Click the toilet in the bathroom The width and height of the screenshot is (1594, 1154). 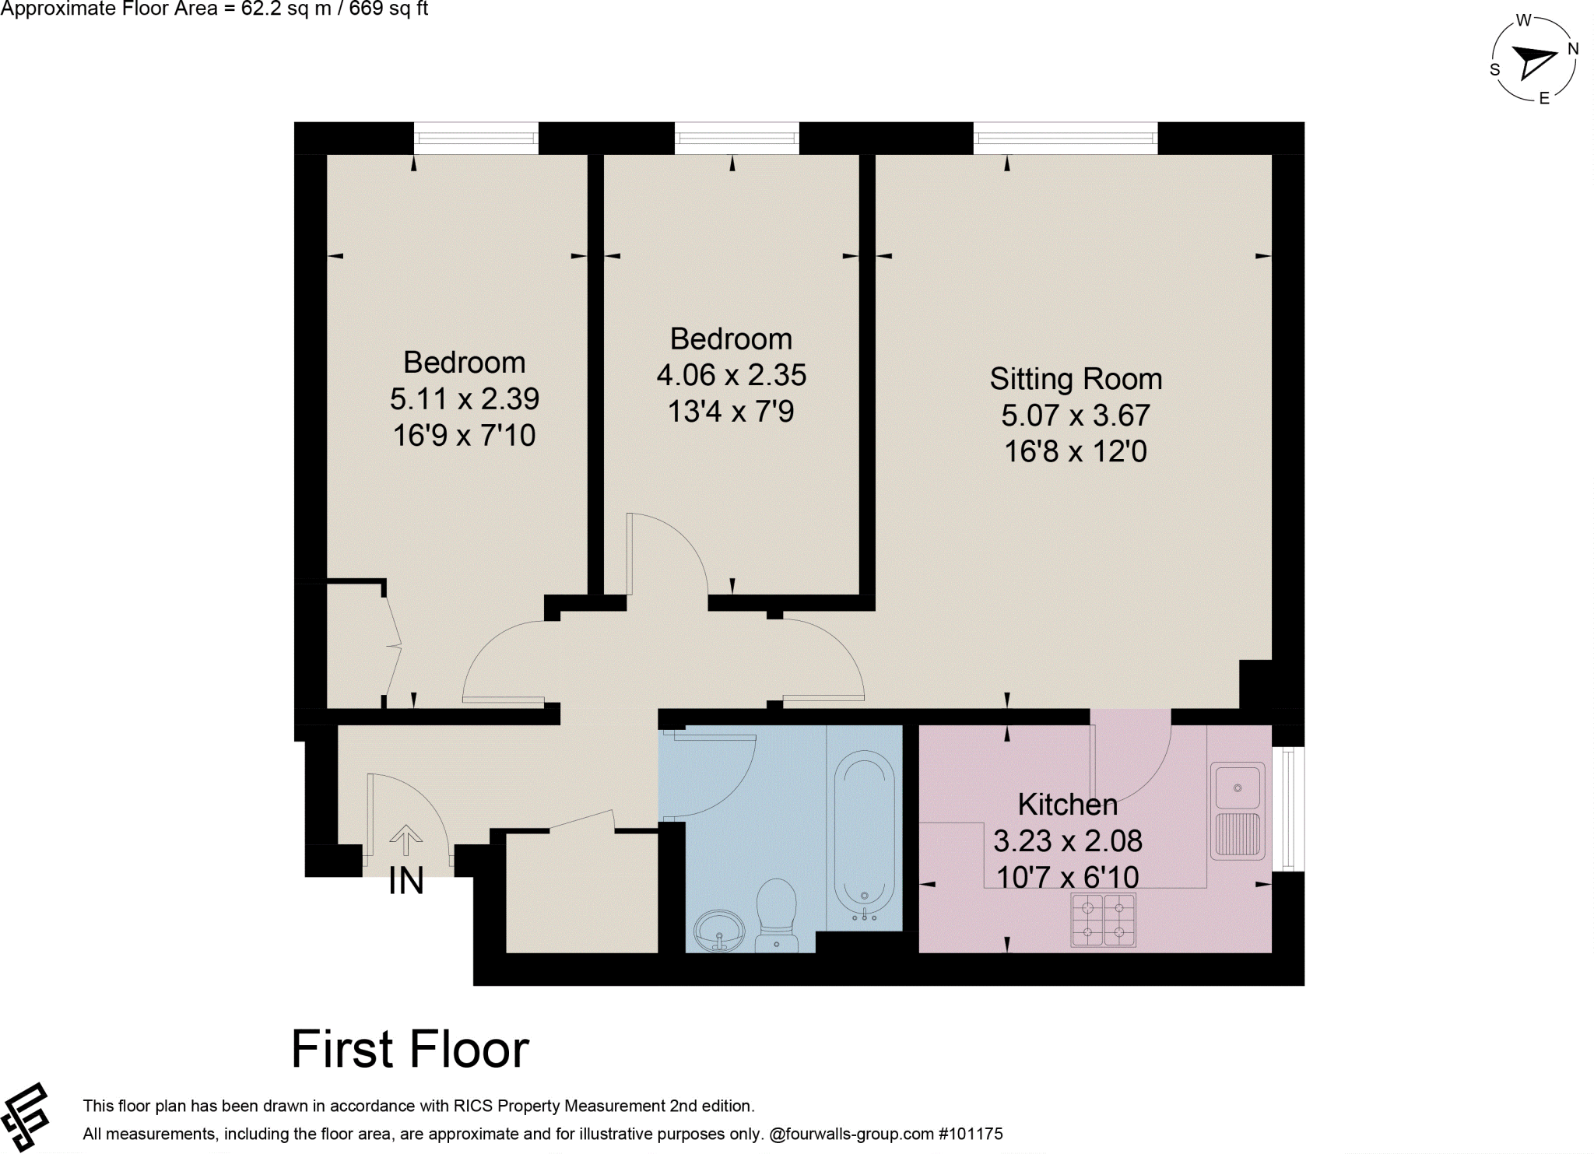coord(777,915)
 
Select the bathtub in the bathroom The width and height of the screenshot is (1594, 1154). coord(864,839)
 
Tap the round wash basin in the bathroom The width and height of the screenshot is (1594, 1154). coord(719,931)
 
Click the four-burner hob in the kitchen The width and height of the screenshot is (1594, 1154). coord(1103,920)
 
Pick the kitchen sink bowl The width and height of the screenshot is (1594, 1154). coord(1237,787)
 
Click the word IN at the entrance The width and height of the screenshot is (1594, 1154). coord(406,882)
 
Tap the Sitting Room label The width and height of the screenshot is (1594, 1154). coord(1076,379)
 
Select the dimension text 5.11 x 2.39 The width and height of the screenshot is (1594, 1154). coord(464,399)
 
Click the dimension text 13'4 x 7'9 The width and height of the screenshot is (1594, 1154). coord(730,412)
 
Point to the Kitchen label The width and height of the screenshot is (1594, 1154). coord(1067,804)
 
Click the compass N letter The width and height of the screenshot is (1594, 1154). coord(1572,49)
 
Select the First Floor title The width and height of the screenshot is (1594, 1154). coord(409,1049)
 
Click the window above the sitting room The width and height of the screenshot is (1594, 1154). coord(1065,139)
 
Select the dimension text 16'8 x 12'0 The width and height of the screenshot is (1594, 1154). coord(1075,451)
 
